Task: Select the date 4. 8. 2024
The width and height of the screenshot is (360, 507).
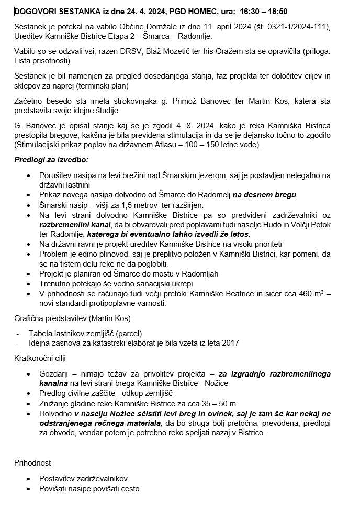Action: point(205,126)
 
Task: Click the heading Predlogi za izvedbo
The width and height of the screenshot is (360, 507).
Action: point(52,159)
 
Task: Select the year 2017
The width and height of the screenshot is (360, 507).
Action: point(230,343)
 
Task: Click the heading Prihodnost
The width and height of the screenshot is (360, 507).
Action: point(32,463)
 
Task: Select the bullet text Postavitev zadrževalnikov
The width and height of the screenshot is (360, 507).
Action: point(83,478)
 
